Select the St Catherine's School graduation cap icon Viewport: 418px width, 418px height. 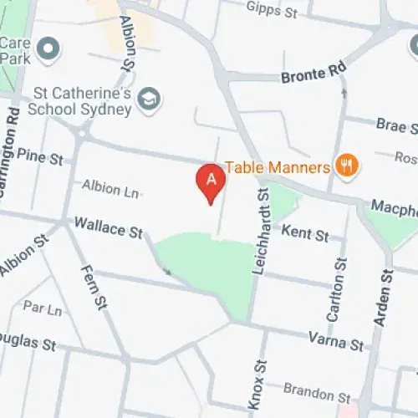pos(150,99)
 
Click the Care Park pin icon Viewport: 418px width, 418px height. pos(49,49)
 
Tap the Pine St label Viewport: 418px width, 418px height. pos(39,156)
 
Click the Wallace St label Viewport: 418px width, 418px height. pos(109,226)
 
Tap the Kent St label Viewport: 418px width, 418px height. pos(305,234)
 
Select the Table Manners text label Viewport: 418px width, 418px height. pos(277,167)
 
